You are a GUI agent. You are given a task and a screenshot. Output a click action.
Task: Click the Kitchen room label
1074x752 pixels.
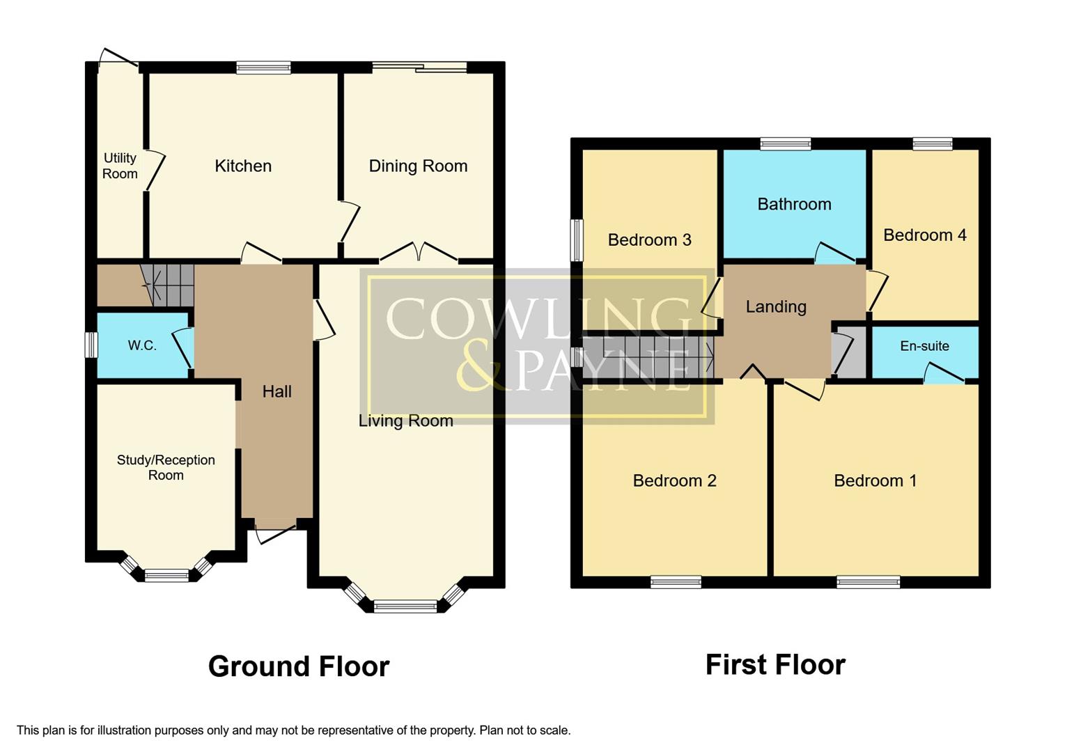point(243,166)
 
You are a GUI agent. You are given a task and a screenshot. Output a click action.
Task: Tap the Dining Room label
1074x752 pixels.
point(418,166)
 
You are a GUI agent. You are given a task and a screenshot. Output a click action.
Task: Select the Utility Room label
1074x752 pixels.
point(120,166)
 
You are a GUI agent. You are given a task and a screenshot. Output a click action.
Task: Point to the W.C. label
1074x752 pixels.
point(142,345)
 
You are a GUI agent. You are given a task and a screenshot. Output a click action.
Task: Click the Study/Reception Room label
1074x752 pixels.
point(166,467)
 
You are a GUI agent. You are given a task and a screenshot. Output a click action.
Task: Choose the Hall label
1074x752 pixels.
point(277,391)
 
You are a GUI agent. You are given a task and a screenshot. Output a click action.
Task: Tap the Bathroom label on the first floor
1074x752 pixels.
point(794,204)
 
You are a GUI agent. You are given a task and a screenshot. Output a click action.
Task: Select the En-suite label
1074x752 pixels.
point(924,346)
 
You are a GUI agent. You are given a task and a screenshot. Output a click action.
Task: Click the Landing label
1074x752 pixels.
point(776,306)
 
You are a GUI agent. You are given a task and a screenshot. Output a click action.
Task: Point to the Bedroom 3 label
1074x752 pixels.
point(649,240)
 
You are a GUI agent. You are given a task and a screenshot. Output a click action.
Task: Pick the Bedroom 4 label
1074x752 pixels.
point(924,235)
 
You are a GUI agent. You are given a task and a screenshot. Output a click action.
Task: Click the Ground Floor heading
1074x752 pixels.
point(298,666)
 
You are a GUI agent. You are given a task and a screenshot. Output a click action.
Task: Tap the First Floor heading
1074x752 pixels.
point(775,665)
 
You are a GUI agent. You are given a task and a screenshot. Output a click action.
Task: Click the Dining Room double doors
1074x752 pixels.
point(419,253)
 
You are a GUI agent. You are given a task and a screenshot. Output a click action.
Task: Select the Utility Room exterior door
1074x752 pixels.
point(117,58)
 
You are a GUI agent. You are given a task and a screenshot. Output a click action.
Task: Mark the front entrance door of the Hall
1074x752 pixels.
point(276,535)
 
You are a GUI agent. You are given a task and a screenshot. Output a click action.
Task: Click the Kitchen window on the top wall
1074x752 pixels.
point(263,68)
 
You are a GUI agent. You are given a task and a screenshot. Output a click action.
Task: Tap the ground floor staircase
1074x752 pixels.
point(167,285)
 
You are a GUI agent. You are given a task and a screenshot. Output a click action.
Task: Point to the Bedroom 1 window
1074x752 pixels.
point(868,582)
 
